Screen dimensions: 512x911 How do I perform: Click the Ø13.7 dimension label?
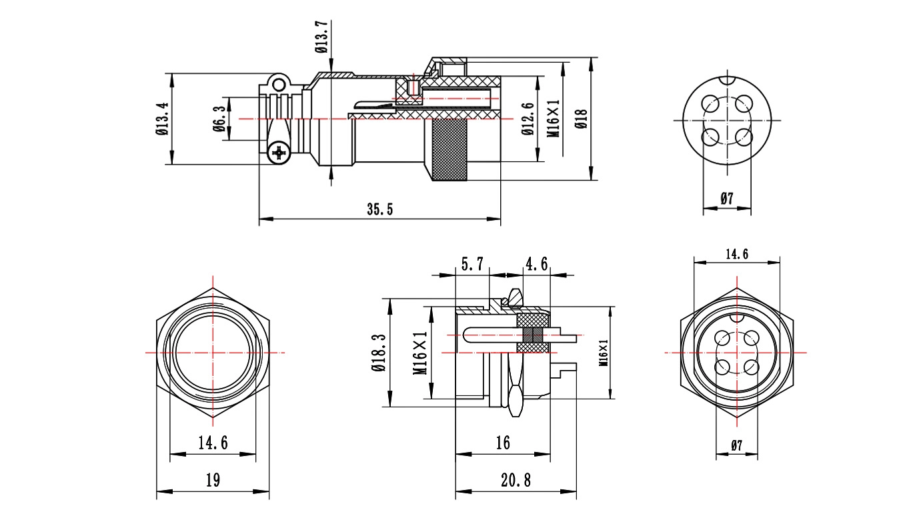pos(321,37)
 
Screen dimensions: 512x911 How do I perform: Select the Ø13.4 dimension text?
pos(161,119)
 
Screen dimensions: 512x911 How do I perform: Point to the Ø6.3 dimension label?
pos(219,119)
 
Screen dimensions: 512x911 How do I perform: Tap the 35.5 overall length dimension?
pos(379,209)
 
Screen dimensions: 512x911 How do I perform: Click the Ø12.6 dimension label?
pos(528,119)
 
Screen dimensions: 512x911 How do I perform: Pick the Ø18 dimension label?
pos(581,119)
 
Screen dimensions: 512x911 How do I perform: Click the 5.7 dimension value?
pos(472,265)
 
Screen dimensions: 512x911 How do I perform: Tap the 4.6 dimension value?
pos(536,265)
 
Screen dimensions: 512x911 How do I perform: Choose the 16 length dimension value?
pos(503,443)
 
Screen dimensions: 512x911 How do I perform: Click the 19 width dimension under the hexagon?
pos(213,480)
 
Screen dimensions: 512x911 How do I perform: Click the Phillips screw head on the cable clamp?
pos(278,154)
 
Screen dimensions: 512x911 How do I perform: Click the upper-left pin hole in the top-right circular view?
pos(711,104)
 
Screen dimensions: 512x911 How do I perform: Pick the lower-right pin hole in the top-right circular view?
pos(744,137)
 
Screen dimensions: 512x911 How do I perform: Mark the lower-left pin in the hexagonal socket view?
pos(722,366)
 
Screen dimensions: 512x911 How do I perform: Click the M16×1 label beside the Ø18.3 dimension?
pos(419,353)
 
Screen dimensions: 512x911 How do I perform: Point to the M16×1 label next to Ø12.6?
pos(553,119)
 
